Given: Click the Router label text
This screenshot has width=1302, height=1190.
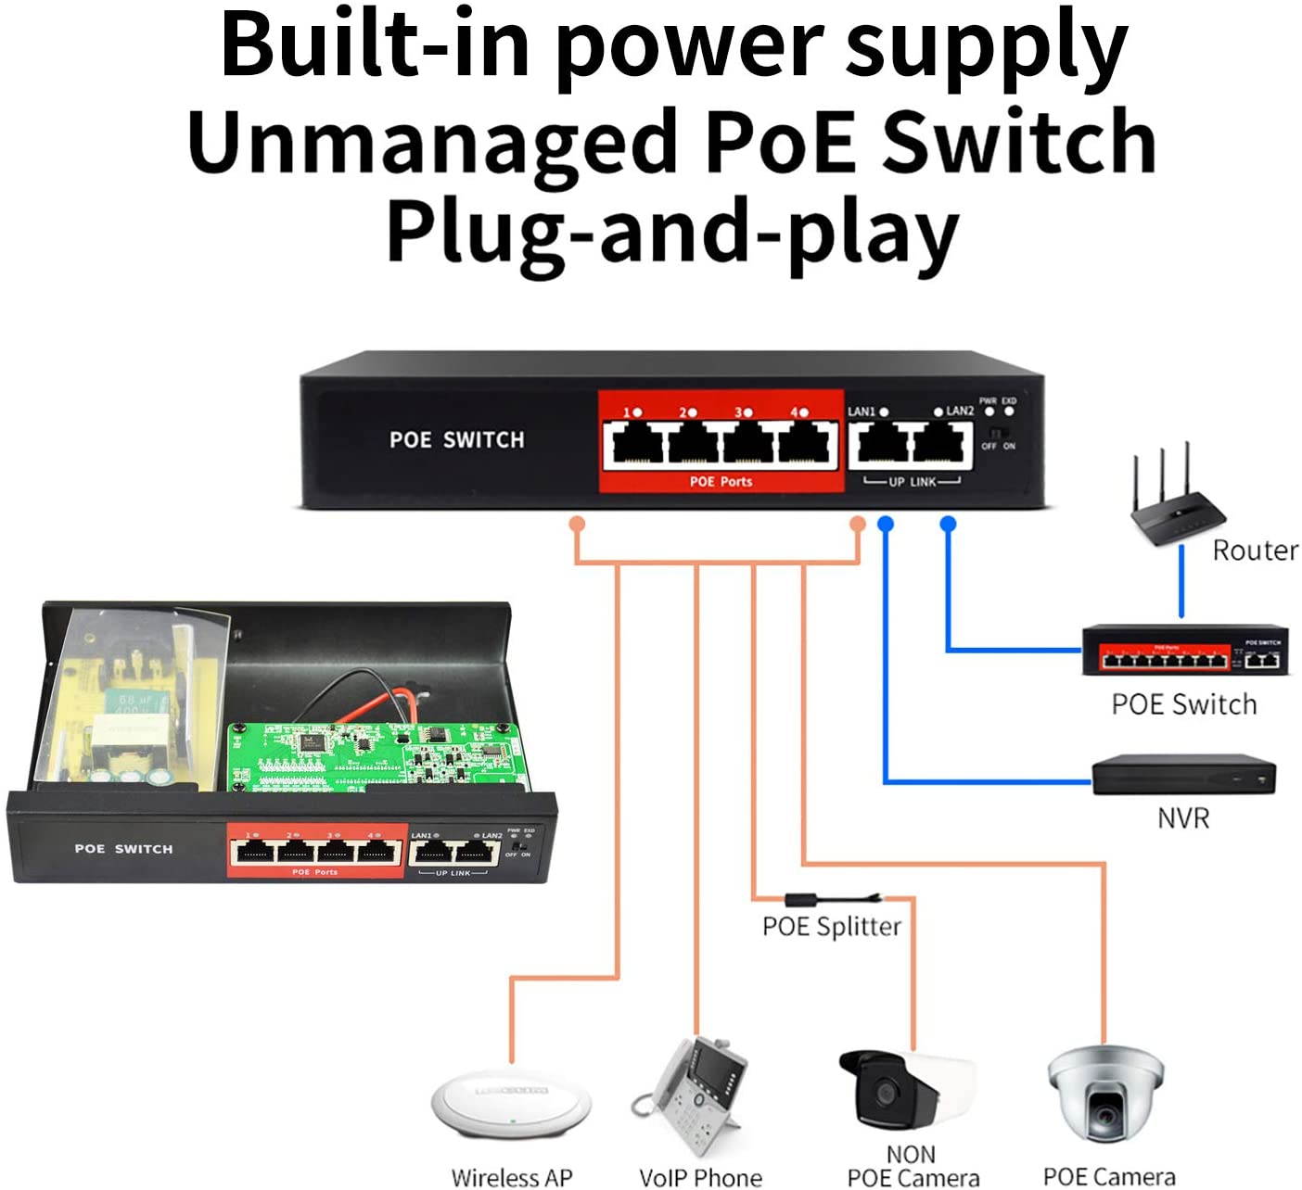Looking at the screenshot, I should point(1255,551).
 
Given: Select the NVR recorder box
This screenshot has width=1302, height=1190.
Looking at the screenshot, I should point(1183,775).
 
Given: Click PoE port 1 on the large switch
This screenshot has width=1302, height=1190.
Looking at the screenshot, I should point(638,444).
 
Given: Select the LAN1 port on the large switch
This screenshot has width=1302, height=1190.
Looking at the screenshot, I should point(881,444).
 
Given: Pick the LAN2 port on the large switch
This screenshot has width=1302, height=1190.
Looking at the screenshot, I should point(940,444).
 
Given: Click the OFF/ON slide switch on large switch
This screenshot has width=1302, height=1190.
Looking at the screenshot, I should point(998,433).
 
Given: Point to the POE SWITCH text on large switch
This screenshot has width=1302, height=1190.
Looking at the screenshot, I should point(456,440).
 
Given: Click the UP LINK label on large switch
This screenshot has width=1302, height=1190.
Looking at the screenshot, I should point(913,482).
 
